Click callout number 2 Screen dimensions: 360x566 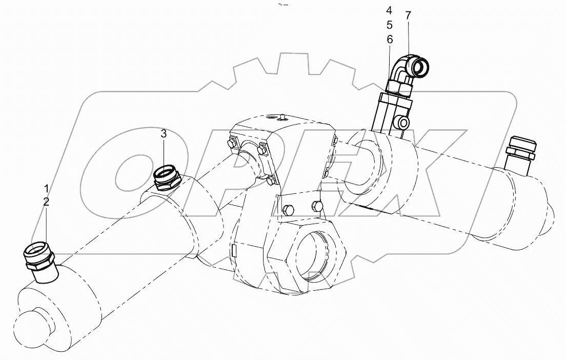[x=46, y=202]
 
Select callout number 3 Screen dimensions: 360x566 [x=164, y=134]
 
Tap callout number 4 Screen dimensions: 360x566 [x=389, y=10]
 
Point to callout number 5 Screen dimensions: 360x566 [x=389, y=24]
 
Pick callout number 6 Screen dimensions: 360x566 [x=389, y=39]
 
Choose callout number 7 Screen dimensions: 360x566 [x=408, y=15]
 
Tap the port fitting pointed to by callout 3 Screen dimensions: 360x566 [x=166, y=177]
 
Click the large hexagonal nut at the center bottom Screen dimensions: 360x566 [x=306, y=256]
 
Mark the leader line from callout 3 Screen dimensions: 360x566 [x=164, y=154]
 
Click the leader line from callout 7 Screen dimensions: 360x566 [x=409, y=39]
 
